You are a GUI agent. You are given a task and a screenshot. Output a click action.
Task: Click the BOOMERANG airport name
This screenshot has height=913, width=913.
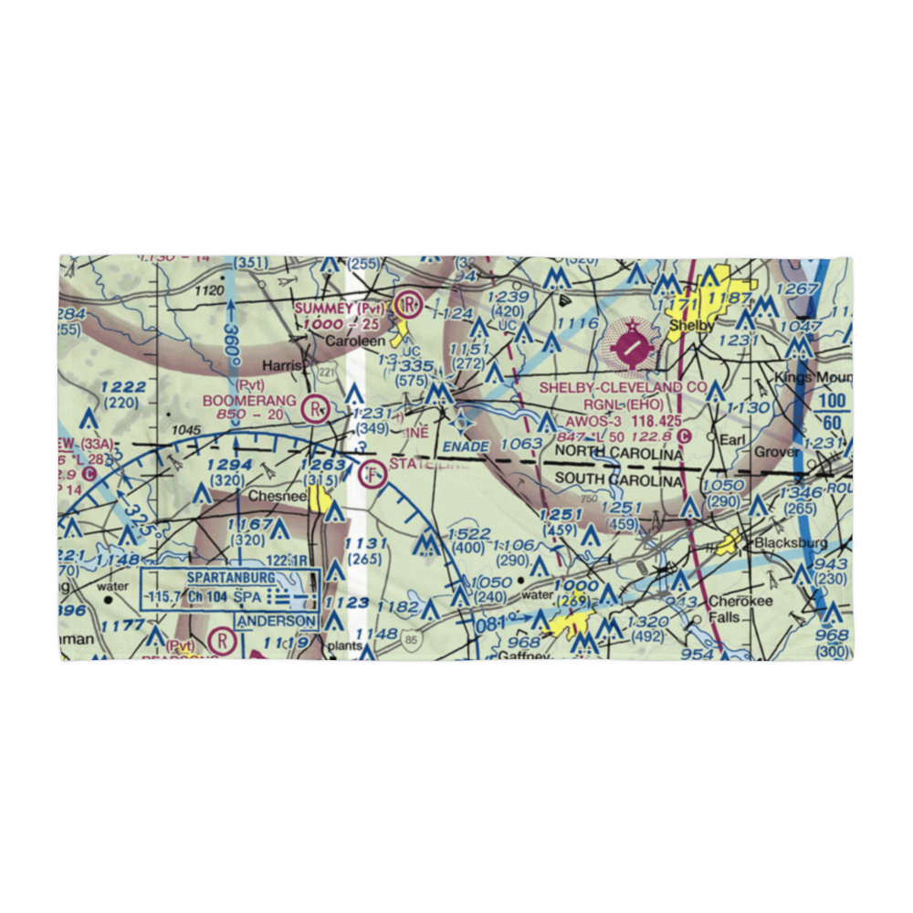(249, 400)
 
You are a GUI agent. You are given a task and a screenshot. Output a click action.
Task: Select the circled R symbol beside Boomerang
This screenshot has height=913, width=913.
(317, 408)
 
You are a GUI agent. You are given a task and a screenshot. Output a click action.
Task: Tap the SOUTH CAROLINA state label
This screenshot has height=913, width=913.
(619, 480)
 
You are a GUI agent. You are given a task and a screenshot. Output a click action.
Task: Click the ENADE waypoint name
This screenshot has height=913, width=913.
(467, 446)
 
